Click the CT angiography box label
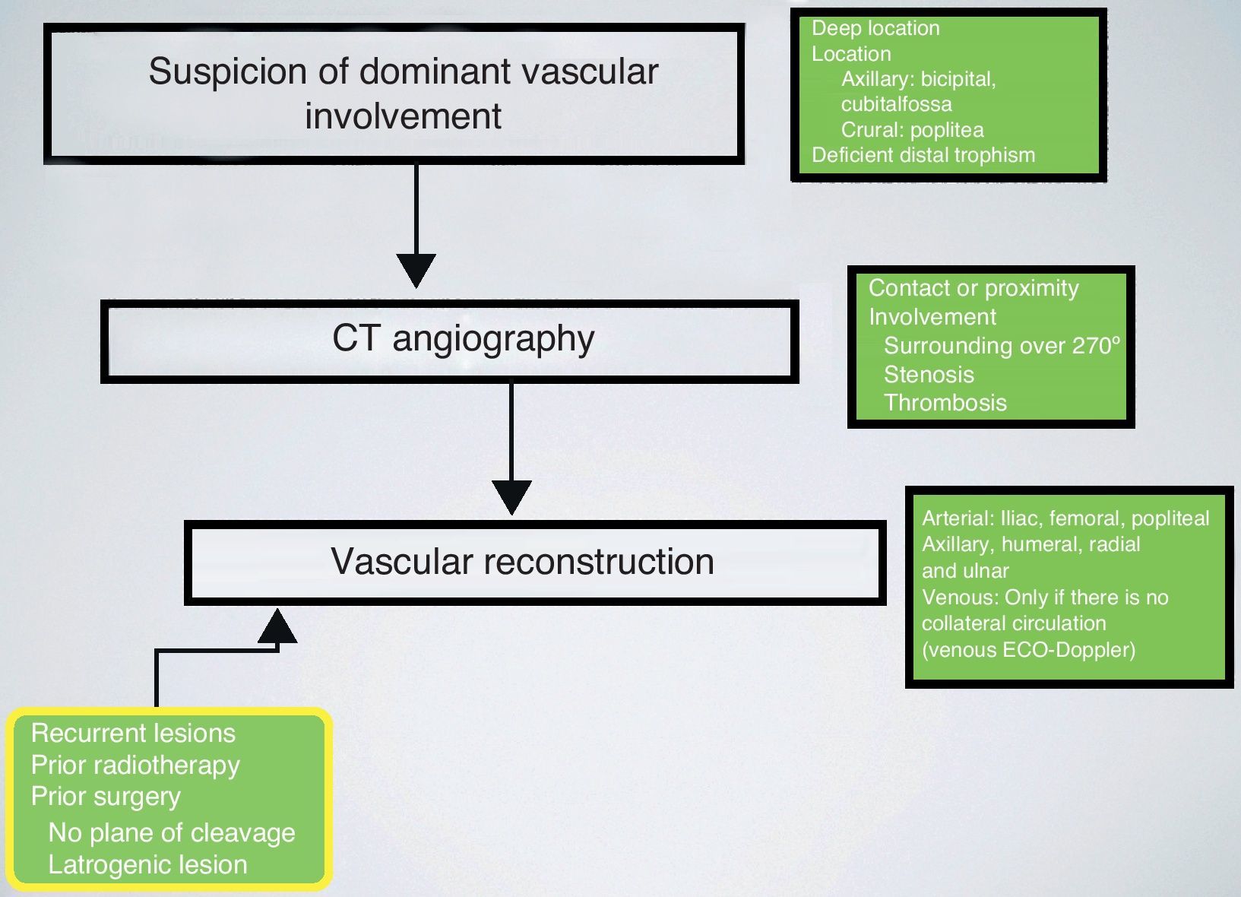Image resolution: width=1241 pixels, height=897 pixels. [x=463, y=339]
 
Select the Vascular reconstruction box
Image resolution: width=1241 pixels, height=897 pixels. [x=534, y=563]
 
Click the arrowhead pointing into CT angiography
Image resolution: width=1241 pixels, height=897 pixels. [x=416, y=270]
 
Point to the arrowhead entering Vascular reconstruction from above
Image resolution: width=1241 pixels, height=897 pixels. [x=511, y=497]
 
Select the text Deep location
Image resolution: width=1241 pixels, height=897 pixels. [x=875, y=29]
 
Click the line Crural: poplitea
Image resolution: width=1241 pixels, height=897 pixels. [x=912, y=130]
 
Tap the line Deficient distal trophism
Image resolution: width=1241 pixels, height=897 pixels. [x=923, y=155]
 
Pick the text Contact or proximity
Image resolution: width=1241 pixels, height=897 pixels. [x=973, y=288]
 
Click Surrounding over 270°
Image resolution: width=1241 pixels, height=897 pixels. [x=1002, y=346]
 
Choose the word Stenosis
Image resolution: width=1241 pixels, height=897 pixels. [x=929, y=375]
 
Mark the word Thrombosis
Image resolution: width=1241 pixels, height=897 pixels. [x=945, y=403]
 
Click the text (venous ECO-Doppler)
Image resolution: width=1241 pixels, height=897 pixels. [x=1028, y=650]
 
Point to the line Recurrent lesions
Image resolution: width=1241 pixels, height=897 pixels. [x=133, y=734]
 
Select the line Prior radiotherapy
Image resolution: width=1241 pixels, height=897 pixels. [x=135, y=765]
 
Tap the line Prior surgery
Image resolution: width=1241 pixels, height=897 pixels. [x=106, y=797]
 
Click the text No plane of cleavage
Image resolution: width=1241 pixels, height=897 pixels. [x=172, y=833]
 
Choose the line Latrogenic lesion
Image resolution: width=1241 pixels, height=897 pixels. [x=147, y=865]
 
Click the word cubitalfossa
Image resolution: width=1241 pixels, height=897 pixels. [x=896, y=104]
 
